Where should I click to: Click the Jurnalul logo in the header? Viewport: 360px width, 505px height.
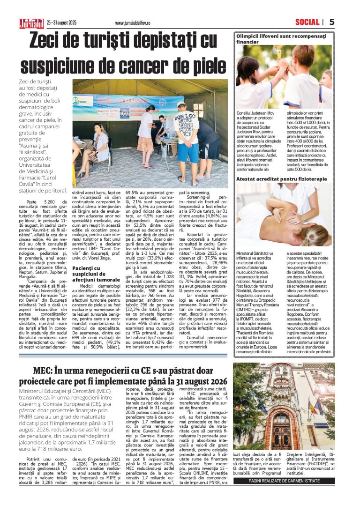click(x=31, y=22)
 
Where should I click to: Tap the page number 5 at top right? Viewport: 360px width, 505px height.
click(x=332, y=22)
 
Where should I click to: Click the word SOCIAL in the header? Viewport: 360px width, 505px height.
click(x=307, y=22)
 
